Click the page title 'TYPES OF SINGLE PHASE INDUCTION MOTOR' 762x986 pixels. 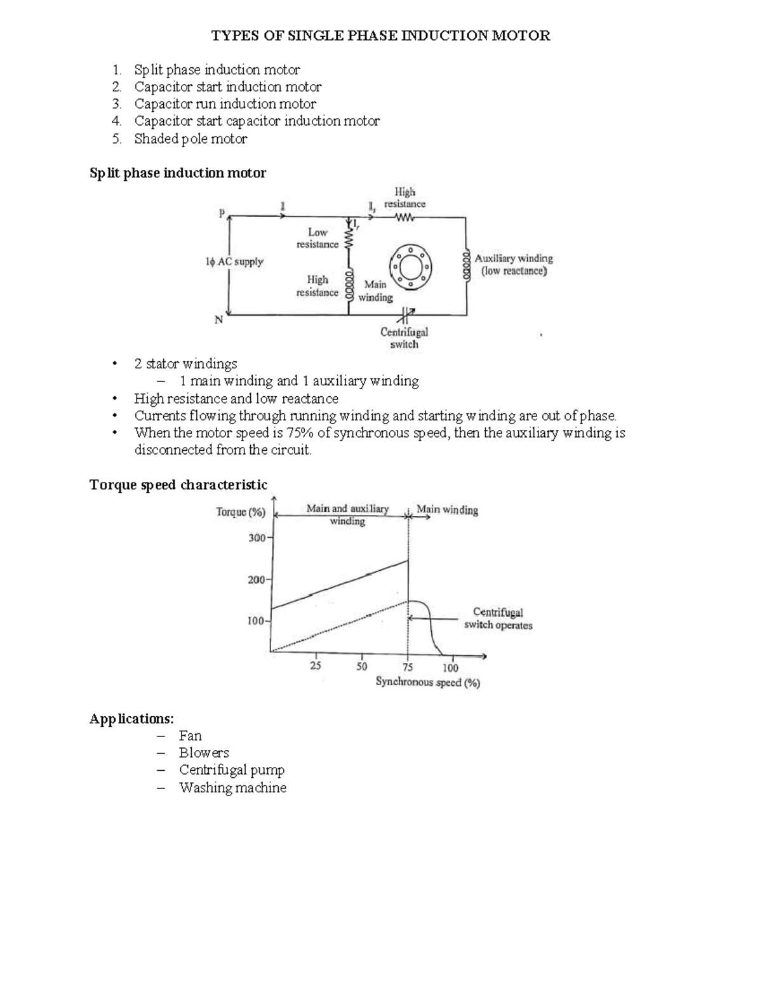coord(380,36)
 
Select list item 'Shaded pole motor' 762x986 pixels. coord(190,139)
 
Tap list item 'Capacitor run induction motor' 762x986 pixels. coord(225,104)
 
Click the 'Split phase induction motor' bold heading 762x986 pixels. coord(178,173)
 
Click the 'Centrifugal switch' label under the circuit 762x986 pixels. coord(404,338)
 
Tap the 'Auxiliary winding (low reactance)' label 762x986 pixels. coord(514,265)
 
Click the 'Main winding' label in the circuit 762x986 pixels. coord(375,291)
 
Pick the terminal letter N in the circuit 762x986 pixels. coord(218,321)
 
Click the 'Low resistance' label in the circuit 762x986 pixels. coord(317,239)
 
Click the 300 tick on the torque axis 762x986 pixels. coord(257,538)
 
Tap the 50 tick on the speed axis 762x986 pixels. coord(361,667)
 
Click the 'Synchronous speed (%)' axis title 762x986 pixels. coord(428,683)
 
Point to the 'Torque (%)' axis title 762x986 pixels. coord(241,512)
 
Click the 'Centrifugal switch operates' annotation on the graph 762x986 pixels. coord(498,619)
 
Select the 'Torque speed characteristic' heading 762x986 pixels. coord(178,485)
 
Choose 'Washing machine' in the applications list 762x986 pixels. coord(232,788)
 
